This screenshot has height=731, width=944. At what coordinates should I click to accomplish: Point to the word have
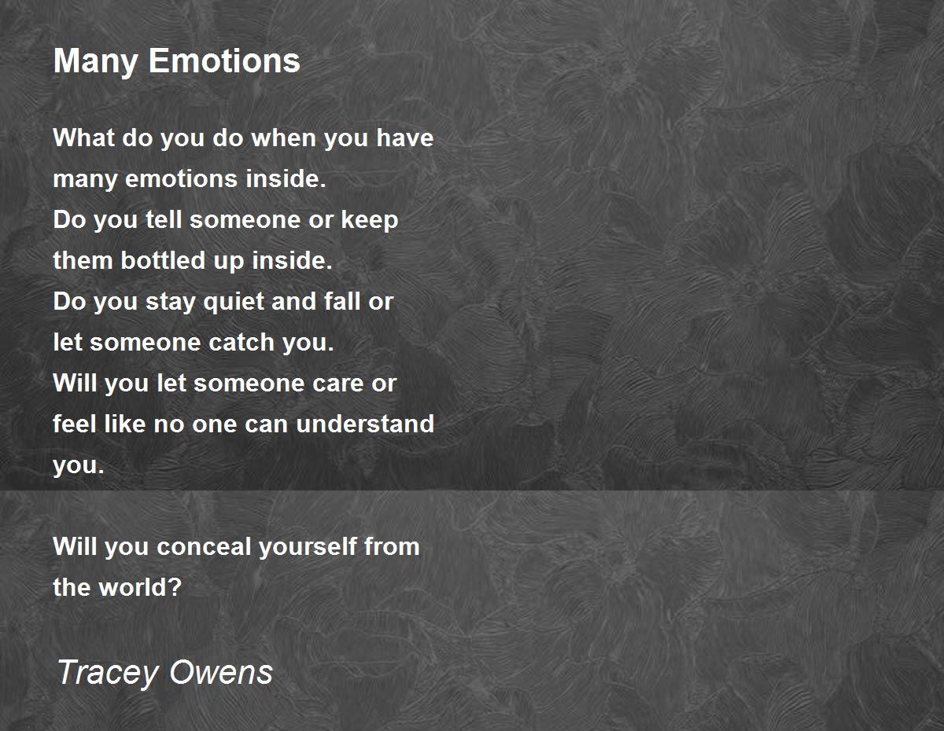[x=404, y=138]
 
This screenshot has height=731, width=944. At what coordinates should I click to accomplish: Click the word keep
[x=370, y=220]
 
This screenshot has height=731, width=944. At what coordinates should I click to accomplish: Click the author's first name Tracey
[x=108, y=673]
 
